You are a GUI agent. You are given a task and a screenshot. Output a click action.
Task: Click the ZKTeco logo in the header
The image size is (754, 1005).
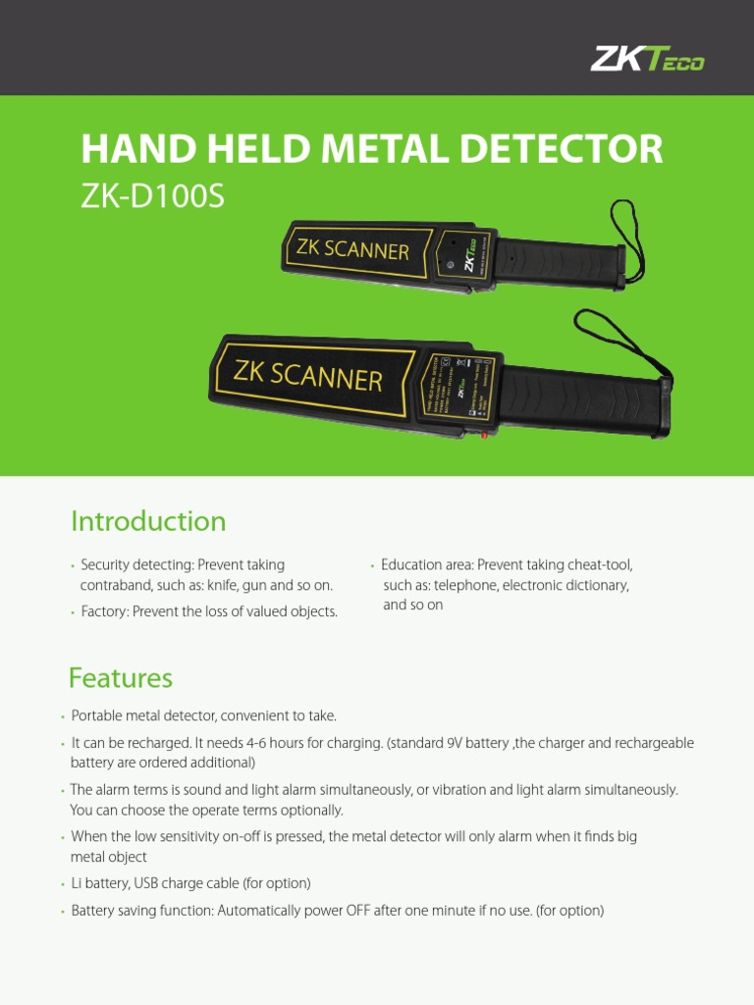(647, 60)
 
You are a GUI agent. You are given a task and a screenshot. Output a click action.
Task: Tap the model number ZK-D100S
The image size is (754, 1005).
(152, 196)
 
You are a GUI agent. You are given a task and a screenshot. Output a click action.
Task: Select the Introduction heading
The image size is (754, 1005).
(148, 521)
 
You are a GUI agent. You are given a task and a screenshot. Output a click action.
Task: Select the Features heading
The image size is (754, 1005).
(120, 678)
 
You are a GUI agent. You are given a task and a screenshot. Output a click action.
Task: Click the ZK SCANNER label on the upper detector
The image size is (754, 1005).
(352, 249)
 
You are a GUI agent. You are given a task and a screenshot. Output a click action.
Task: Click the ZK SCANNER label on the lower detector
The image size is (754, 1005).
(306, 375)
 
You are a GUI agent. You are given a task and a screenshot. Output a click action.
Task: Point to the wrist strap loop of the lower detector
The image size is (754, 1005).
(619, 339)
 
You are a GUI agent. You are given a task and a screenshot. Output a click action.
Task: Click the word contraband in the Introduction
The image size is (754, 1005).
(117, 586)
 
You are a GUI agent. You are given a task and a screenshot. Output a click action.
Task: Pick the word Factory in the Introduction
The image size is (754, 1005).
(102, 612)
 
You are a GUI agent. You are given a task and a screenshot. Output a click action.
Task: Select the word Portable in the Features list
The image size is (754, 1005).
(98, 716)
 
